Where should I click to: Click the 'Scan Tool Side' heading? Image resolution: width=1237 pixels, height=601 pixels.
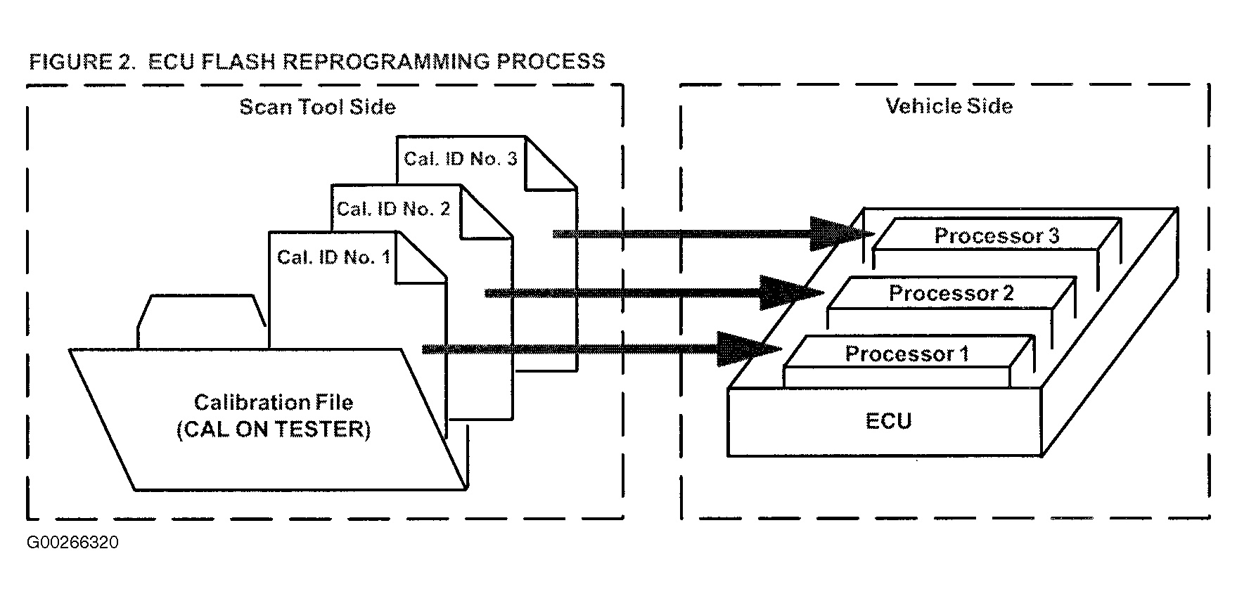point(317,107)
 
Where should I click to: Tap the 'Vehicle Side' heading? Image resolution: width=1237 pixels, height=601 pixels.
point(949,106)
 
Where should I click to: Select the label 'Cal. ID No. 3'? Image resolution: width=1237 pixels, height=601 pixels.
point(461,159)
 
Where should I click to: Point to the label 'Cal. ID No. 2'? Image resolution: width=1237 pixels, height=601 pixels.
point(393,209)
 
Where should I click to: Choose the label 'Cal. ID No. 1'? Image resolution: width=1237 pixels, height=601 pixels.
point(333,257)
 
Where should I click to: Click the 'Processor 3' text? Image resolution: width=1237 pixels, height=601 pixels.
point(996,235)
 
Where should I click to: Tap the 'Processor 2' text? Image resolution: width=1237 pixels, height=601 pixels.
point(951,293)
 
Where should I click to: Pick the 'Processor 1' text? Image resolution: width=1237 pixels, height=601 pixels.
point(907,354)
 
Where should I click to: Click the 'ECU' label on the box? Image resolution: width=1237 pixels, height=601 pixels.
point(889,421)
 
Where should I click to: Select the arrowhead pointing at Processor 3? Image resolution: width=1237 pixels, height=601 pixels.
point(841,234)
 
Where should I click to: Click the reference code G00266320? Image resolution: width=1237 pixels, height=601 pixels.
point(73,543)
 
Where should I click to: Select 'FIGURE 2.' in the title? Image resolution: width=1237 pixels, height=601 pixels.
point(82,61)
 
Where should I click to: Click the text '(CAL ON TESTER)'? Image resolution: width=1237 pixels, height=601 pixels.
point(274,429)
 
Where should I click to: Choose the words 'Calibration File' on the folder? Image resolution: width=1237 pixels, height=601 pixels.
point(274,402)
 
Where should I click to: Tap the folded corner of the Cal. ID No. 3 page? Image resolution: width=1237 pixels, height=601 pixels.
point(551,162)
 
